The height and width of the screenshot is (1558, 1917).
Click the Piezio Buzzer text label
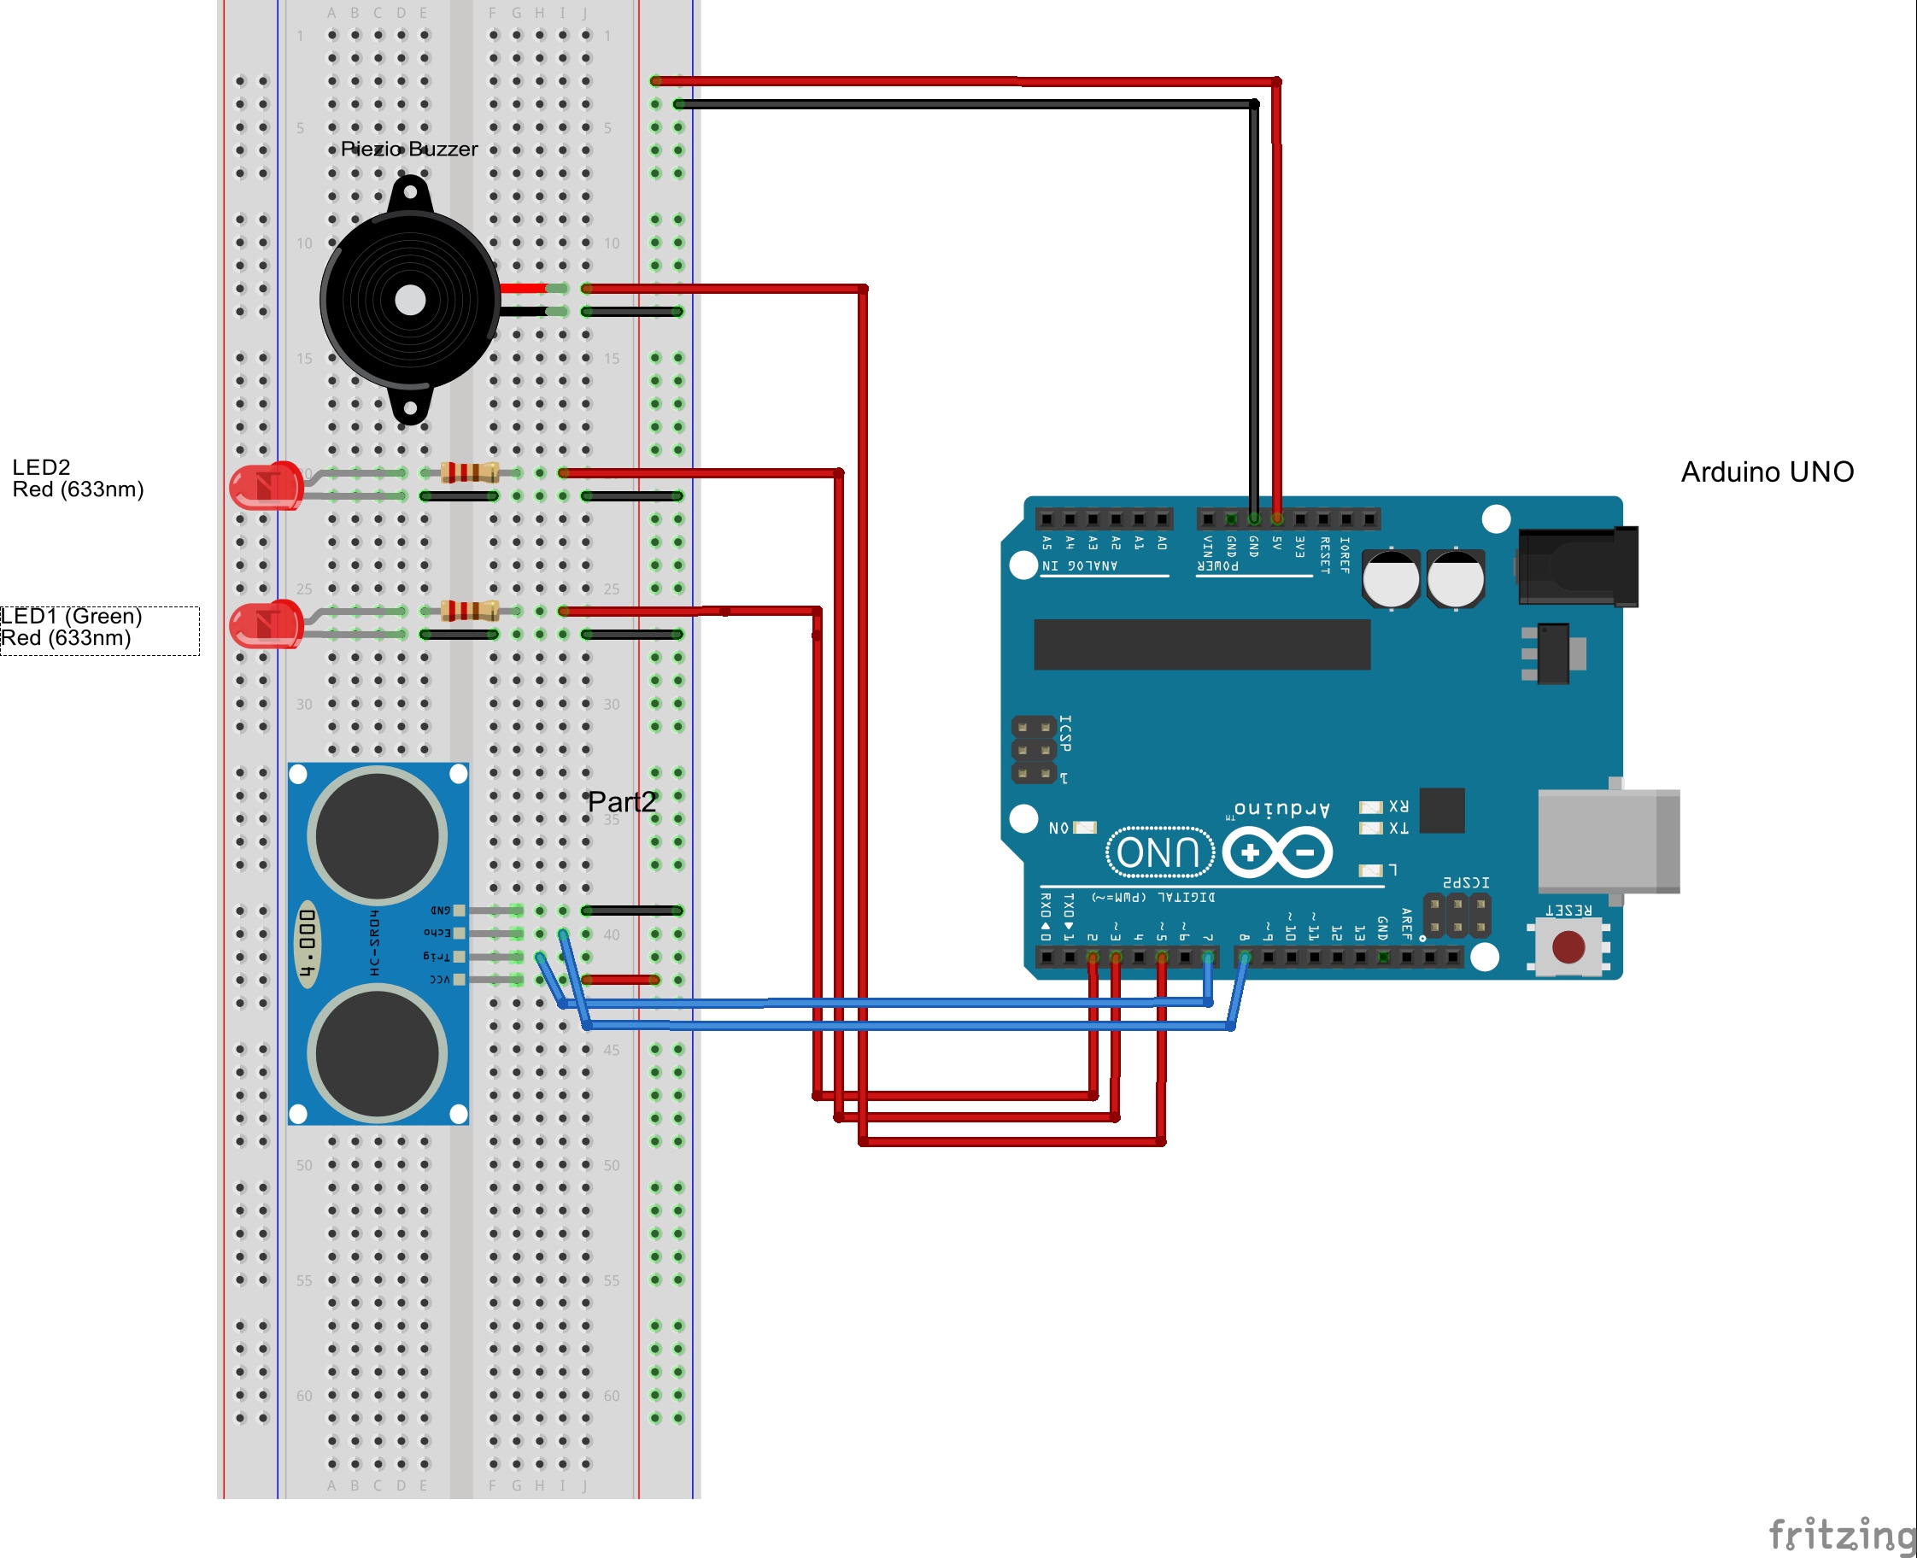click(408, 149)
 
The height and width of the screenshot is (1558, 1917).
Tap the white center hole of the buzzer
click(410, 301)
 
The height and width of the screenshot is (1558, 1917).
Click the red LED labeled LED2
click(266, 486)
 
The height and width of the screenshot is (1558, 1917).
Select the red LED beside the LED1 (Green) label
click(266, 624)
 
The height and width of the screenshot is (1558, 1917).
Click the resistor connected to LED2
click(469, 472)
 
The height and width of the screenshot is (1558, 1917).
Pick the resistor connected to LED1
click(469, 612)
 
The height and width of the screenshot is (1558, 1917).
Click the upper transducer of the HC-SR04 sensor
click(377, 836)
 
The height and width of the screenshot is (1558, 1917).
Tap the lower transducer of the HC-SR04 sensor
click(377, 1054)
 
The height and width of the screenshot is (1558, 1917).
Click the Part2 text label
click(621, 801)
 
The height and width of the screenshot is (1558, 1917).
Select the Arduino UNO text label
click(1767, 472)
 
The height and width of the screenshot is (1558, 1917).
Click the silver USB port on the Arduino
click(1607, 840)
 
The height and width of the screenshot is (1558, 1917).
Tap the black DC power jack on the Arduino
click(1578, 566)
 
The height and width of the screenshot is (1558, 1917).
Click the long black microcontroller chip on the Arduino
click(1201, 644)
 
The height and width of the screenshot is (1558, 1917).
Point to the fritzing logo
click(1840, 1534)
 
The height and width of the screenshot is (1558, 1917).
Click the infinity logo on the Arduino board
click(1276, 852)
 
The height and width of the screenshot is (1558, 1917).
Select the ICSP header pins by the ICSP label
click(1033, 749)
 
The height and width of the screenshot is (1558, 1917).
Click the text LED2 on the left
click(40, 467)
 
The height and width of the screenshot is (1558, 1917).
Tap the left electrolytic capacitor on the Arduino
click(1390, 579)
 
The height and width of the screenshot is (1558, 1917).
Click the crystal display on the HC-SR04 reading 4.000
click(307, 943)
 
